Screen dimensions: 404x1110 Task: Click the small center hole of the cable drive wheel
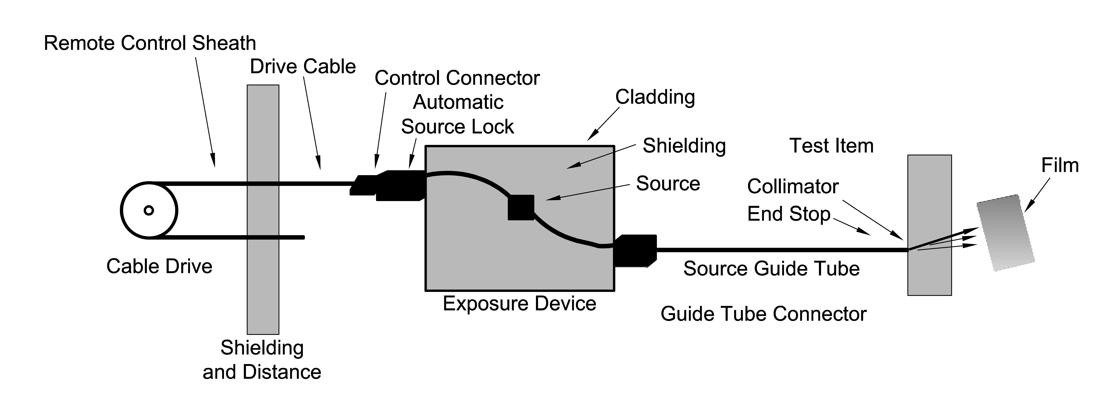149,211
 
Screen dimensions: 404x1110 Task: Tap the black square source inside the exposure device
521,208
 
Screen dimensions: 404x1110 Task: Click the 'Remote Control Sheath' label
150,44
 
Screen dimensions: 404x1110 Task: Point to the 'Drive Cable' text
303,67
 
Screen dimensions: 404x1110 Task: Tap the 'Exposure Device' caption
519,304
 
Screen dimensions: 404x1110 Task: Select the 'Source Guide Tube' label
771,269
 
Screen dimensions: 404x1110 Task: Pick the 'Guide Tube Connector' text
763,314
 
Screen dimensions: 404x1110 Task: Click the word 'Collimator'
793,186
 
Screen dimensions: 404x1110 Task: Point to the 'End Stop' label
789,214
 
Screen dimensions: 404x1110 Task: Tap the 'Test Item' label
831,146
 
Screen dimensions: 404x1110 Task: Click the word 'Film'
1060,165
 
